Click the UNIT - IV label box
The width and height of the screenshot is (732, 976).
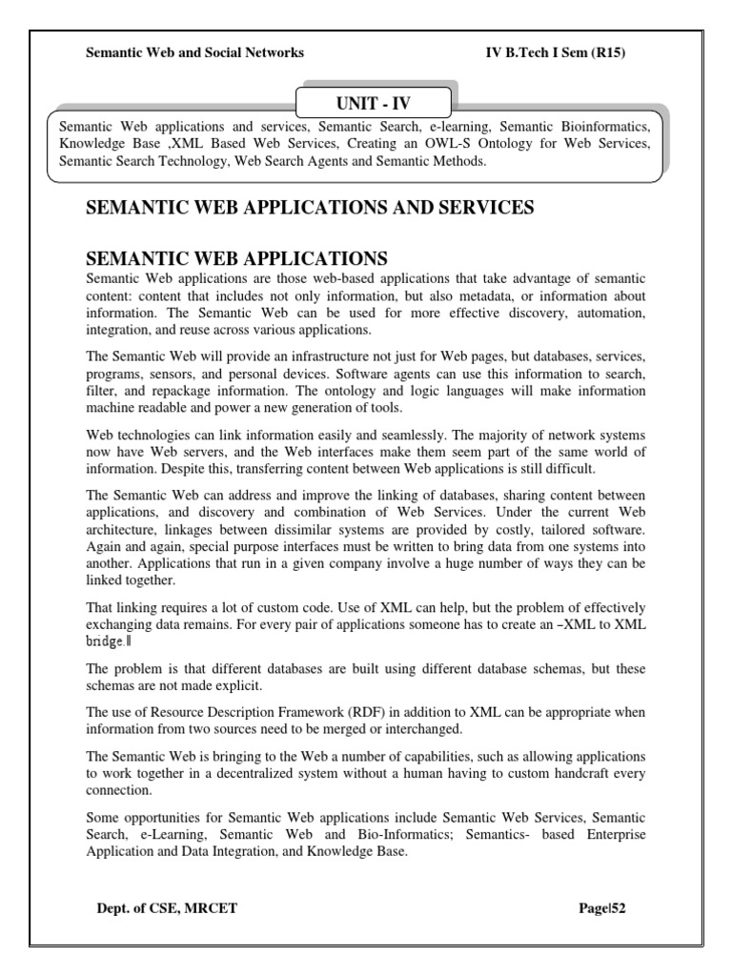(x=376, y=99)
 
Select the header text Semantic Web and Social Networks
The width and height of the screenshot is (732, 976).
(x=195, y=52)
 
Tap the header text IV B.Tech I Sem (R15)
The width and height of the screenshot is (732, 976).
(x=555, y=52)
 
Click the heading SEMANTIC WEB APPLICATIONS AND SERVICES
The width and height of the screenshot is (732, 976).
(x=310, y=208)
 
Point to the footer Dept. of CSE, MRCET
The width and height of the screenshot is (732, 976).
(x=167, y=908)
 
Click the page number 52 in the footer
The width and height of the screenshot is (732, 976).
(x=617, y=908)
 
